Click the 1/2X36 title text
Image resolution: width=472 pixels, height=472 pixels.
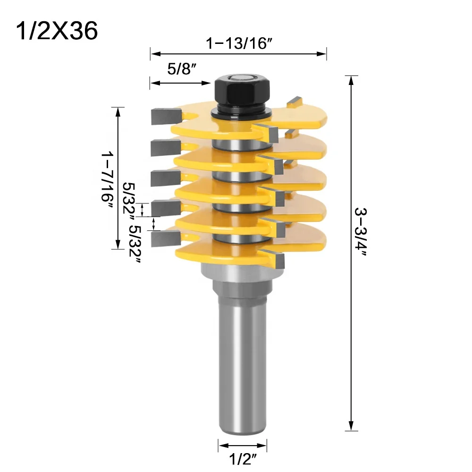(x=57, y=31)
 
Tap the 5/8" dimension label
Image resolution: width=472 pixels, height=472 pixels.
(x=182, y=70)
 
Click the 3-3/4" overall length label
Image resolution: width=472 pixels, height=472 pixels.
(x=363, y=233)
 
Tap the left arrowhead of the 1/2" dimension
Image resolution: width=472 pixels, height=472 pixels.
(x=221, y=445)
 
